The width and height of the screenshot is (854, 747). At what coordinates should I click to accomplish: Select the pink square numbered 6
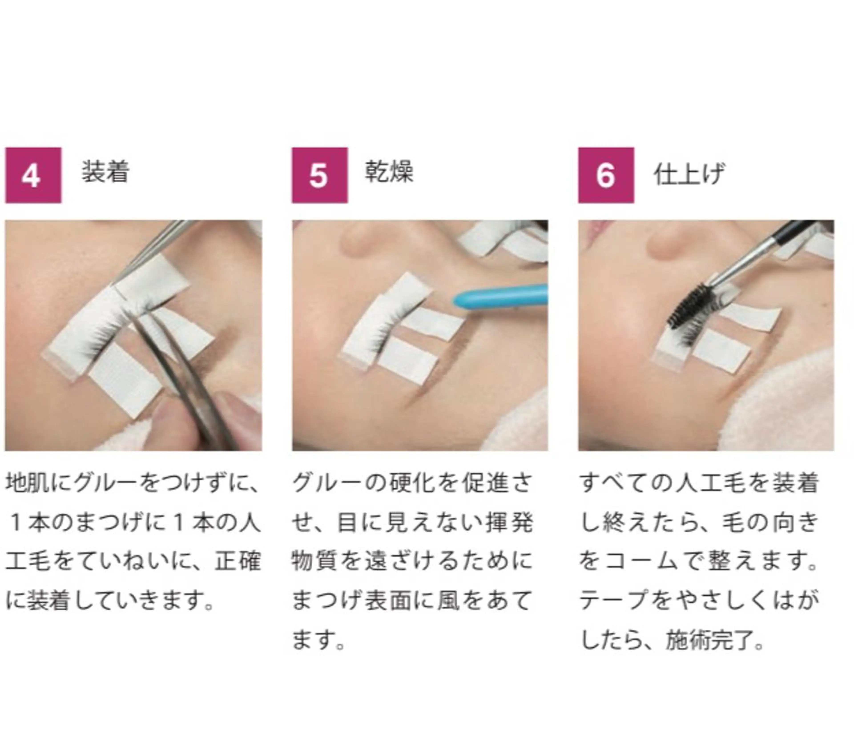606,175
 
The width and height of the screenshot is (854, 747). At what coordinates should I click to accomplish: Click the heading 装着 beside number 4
105,172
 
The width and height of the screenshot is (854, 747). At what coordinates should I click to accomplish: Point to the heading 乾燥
389,172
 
